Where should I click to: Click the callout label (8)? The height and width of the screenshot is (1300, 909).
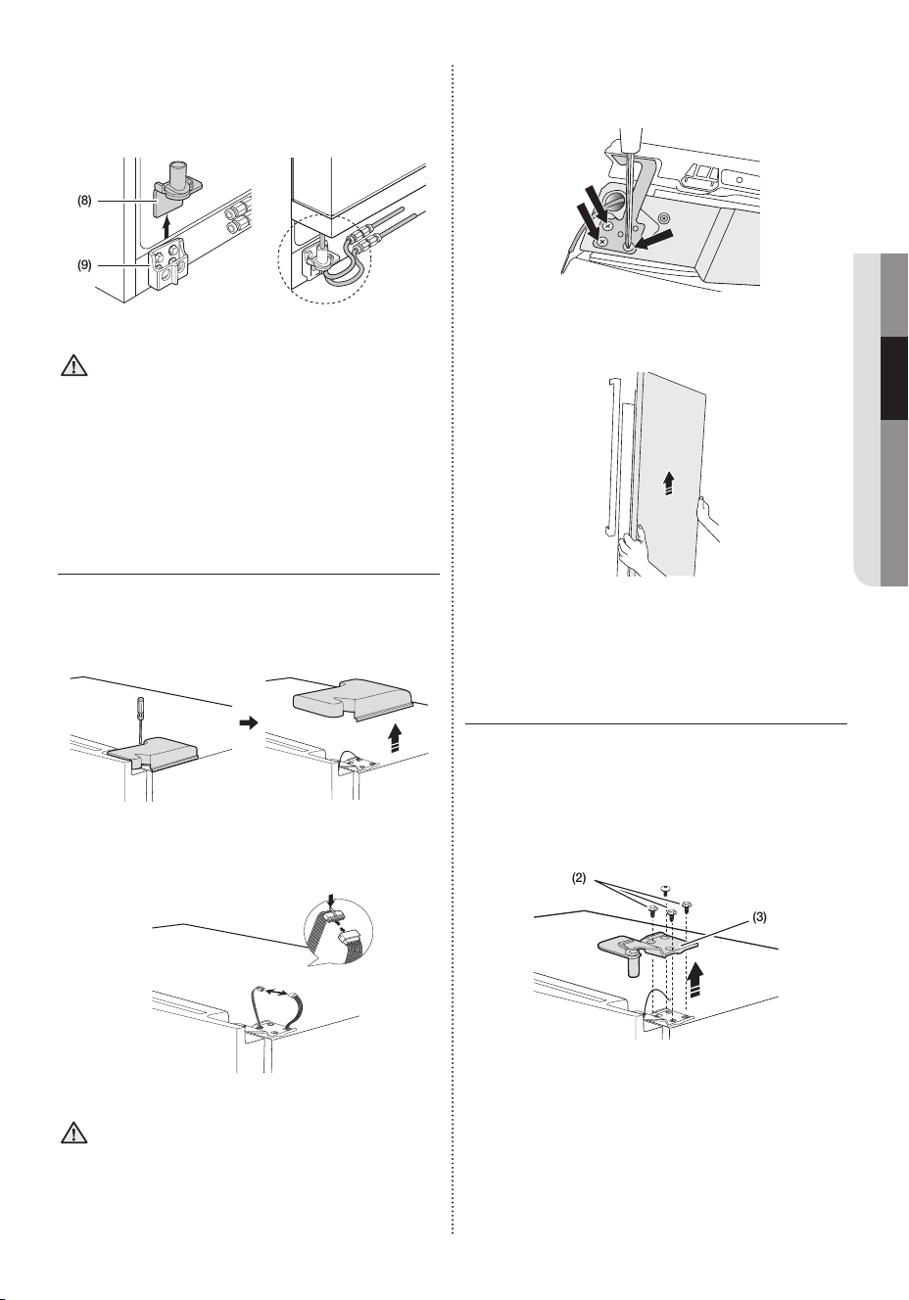pos(84,201)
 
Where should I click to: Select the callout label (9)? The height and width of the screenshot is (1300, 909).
pos(84,266)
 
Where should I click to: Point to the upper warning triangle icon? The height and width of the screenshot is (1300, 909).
pos(73,366)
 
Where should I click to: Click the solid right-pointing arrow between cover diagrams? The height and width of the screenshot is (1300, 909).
pos(248,723)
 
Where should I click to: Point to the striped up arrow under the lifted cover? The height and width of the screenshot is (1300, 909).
pos(396,738)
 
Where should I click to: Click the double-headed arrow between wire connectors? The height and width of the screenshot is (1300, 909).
pos(276,994)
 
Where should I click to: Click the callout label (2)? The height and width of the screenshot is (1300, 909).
pos(579,878)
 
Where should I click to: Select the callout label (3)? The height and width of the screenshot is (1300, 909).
pos(759,917)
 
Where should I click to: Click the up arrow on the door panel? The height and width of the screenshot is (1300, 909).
pos(669,483)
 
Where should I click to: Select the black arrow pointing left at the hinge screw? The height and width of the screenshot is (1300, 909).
pos(653,240)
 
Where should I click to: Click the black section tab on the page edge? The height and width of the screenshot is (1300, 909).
pos(894,379)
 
